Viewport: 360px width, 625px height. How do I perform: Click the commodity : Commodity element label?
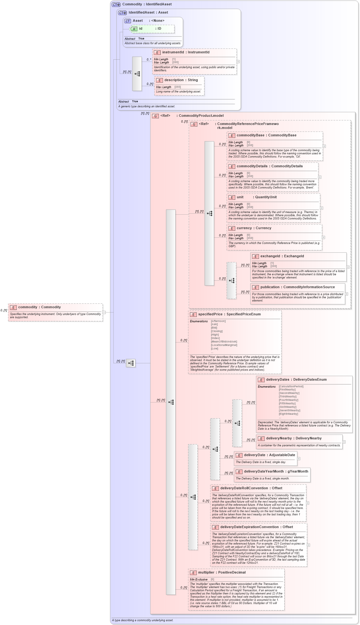[x=39, y=307]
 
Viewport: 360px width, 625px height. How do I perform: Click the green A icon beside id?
[x=134, y=29]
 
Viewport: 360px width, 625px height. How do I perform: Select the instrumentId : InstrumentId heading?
[x=186, y=52]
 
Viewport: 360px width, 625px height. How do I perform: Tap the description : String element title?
[x=181, y=80]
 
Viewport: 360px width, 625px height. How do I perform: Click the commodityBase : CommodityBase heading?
[x=266, y=135]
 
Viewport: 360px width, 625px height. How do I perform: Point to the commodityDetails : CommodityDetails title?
[x=269, y=166]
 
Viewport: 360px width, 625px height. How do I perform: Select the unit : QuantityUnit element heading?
[x=256, y=197]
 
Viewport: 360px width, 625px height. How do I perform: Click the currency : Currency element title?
[x=254, y=228]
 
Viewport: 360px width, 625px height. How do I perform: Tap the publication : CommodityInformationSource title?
[x=297, y=287]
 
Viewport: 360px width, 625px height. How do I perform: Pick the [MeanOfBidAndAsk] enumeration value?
[x=224, y=342]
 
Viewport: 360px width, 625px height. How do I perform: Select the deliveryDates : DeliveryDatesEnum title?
[x=296, y=380]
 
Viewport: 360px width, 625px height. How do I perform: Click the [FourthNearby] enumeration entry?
[x=288, y=400]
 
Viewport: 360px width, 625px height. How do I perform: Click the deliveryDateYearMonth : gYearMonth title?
[x=276, y=472]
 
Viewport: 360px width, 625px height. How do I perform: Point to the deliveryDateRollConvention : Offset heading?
[x=251, y=488]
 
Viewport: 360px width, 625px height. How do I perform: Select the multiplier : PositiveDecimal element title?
[x=222, y=573]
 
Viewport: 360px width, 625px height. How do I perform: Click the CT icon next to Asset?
[x=128, y=21]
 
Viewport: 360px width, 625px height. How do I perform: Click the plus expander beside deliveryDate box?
[x=298, y=459]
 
